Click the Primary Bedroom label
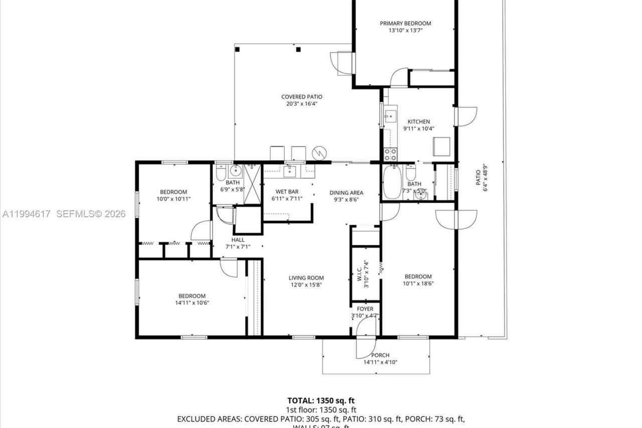(405, 23)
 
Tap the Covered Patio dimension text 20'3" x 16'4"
(301, 104)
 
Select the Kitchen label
(418, 121)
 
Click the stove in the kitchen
(390, 154)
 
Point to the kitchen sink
(390, 117)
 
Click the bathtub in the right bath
(392, 182)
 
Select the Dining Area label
(346, 193)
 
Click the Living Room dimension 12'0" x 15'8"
(306, 284)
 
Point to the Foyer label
(365, 309)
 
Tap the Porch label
(380, 355)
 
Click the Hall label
(238, 240)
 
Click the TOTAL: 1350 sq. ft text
(320, 400)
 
